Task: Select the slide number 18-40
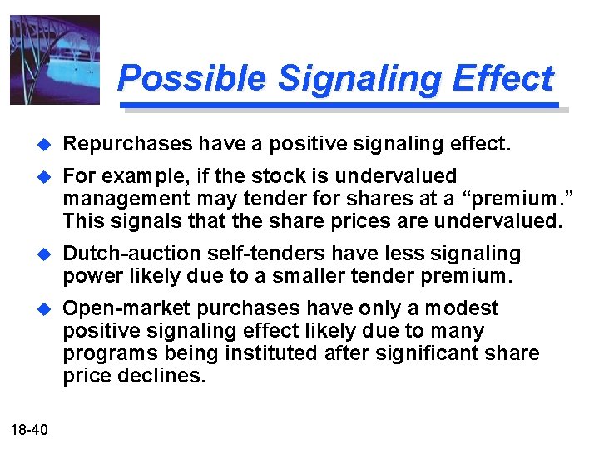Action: coord(30,429)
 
